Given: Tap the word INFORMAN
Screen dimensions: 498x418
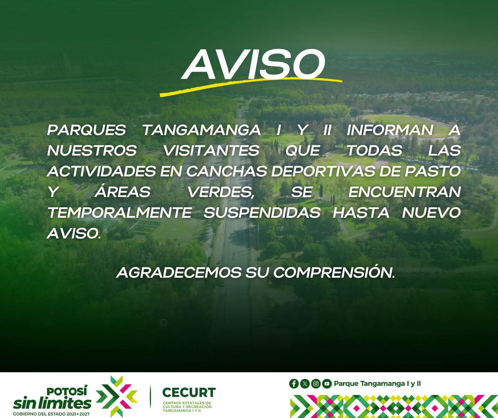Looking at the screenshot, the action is click(x=390, y=130).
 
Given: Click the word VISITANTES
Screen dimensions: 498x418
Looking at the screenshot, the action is click(x=211, y=151).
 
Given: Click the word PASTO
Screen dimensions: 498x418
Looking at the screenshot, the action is click(x=432, y=171).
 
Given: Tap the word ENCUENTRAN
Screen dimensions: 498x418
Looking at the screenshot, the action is click(x=404, y=192).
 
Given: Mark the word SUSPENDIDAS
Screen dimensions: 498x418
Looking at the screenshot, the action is click(x=262, y=213).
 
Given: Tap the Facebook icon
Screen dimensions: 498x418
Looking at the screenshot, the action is click(x=294, y=384).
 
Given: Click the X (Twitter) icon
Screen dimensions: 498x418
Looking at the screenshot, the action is click(x=305, y=384).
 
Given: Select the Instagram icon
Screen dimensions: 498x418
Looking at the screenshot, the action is click(x=316, y=384).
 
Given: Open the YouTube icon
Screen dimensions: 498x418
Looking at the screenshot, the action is click(x=327, y=384).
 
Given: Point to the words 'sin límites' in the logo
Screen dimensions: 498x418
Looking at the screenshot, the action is click(x=52, y=403).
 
